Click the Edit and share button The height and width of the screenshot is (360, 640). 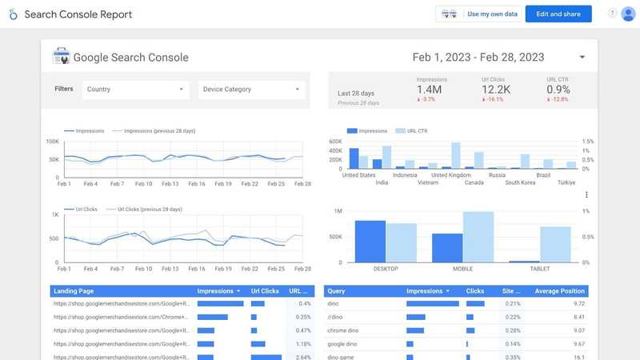pyautogui.click(x=558, y=14)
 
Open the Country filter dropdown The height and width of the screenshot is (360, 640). pyautogui.click(x=135, y=90)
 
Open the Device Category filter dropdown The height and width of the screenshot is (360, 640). pyautogui.click(x=251, y=90)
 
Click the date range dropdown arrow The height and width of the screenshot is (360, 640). pyautogui.click(x=582, y=58)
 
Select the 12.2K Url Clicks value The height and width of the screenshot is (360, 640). pyautogui.click(x=495, y=90)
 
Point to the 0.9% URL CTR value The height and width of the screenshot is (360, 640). pyautogui.click(x=558, y=90)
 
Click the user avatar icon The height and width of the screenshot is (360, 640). pyautogui.click(x=628, y=14)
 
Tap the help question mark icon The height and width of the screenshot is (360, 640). pyautogui.click(x=613, y=14)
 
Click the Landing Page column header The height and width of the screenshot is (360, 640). pyautogui.click(x=74, y=291)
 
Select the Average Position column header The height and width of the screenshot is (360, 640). pyautogui.click(x=559, y=291)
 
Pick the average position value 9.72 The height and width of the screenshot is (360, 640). pyautogui.click(x=577, y=304)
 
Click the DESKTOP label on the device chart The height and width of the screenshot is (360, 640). pyautogui.click(x=386, y=270)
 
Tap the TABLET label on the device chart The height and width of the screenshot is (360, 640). pyautogui.click(x=539, y=270)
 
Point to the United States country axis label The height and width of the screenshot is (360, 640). pyautogui.click(x=358, y=174)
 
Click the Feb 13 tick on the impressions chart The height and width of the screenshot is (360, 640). pyautogui.click(x=169, y=184)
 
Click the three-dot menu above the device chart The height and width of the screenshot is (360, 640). pyautogui.click(x=586, y=194)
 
